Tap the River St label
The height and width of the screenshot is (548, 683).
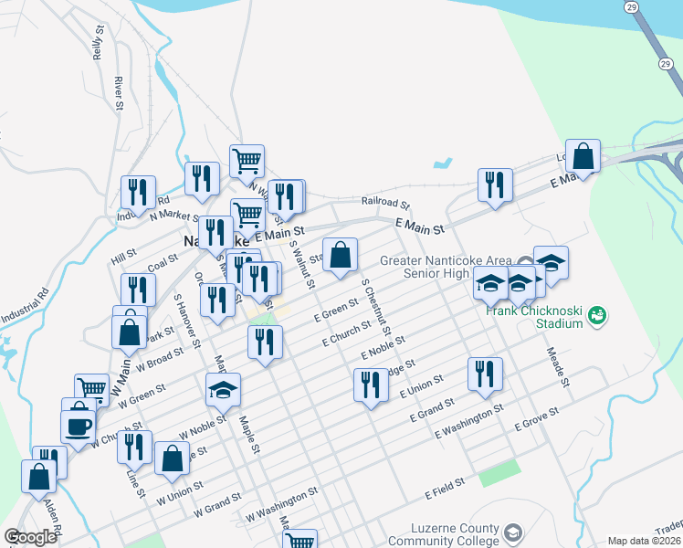119,94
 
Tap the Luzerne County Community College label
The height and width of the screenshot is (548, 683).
456,535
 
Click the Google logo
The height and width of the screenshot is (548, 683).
31,537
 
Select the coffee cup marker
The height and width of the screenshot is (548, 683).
79,426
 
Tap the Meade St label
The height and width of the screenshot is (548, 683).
557,365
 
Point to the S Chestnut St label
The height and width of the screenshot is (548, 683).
376,306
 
